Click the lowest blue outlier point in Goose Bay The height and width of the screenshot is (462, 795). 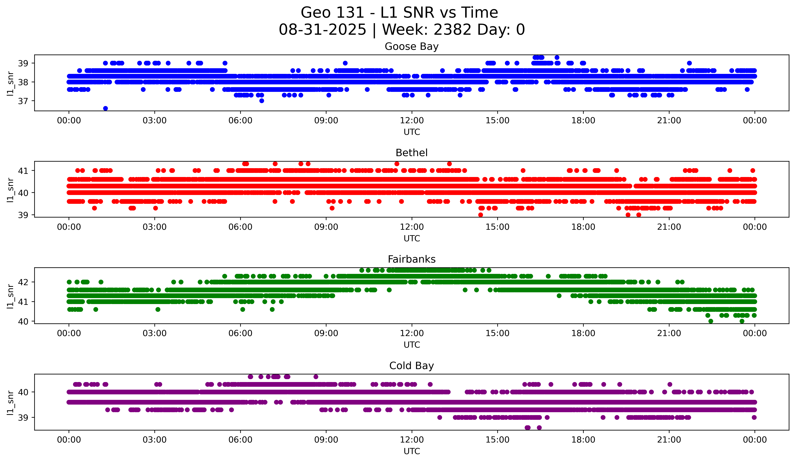(105, 108)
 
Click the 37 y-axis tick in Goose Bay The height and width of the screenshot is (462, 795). (23, 101)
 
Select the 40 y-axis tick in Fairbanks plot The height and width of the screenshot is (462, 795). (23, 321)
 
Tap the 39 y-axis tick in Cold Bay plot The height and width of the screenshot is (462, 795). (23, 418)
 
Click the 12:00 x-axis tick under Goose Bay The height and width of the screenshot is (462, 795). (412, 121)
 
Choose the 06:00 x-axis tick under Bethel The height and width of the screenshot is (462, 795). (240, 227)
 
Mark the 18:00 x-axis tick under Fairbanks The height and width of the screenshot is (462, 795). (583, 333)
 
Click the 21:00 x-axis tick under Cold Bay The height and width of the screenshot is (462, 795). (669, 440)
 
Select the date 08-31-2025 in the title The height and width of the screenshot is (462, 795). (322, 30)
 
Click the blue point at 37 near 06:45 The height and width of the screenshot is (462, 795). (262, 101)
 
